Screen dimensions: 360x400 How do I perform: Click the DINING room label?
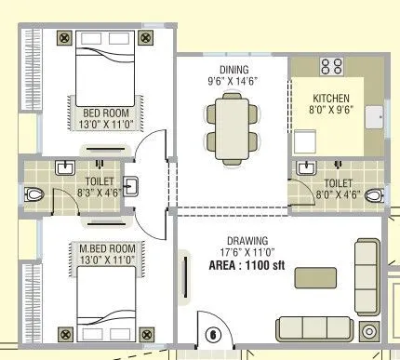coord(233,70)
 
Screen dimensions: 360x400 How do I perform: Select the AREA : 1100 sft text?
coord(246,263)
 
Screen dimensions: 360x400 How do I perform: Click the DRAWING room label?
coord(246,238)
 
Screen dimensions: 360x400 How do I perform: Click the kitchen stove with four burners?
coord(331,66)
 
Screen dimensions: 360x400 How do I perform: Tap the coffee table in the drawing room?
coord(317,278)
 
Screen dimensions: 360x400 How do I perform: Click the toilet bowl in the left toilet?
coord(33,195)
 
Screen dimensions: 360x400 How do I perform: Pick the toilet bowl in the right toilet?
coord(373,195)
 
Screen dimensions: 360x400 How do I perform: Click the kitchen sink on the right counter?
coord(376,116)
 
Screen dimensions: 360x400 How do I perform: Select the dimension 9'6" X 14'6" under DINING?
coord(233,82)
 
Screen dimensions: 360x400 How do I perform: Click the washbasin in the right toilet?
coord(306,168)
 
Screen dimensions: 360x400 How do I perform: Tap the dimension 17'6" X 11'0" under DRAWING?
coord(246,250)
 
